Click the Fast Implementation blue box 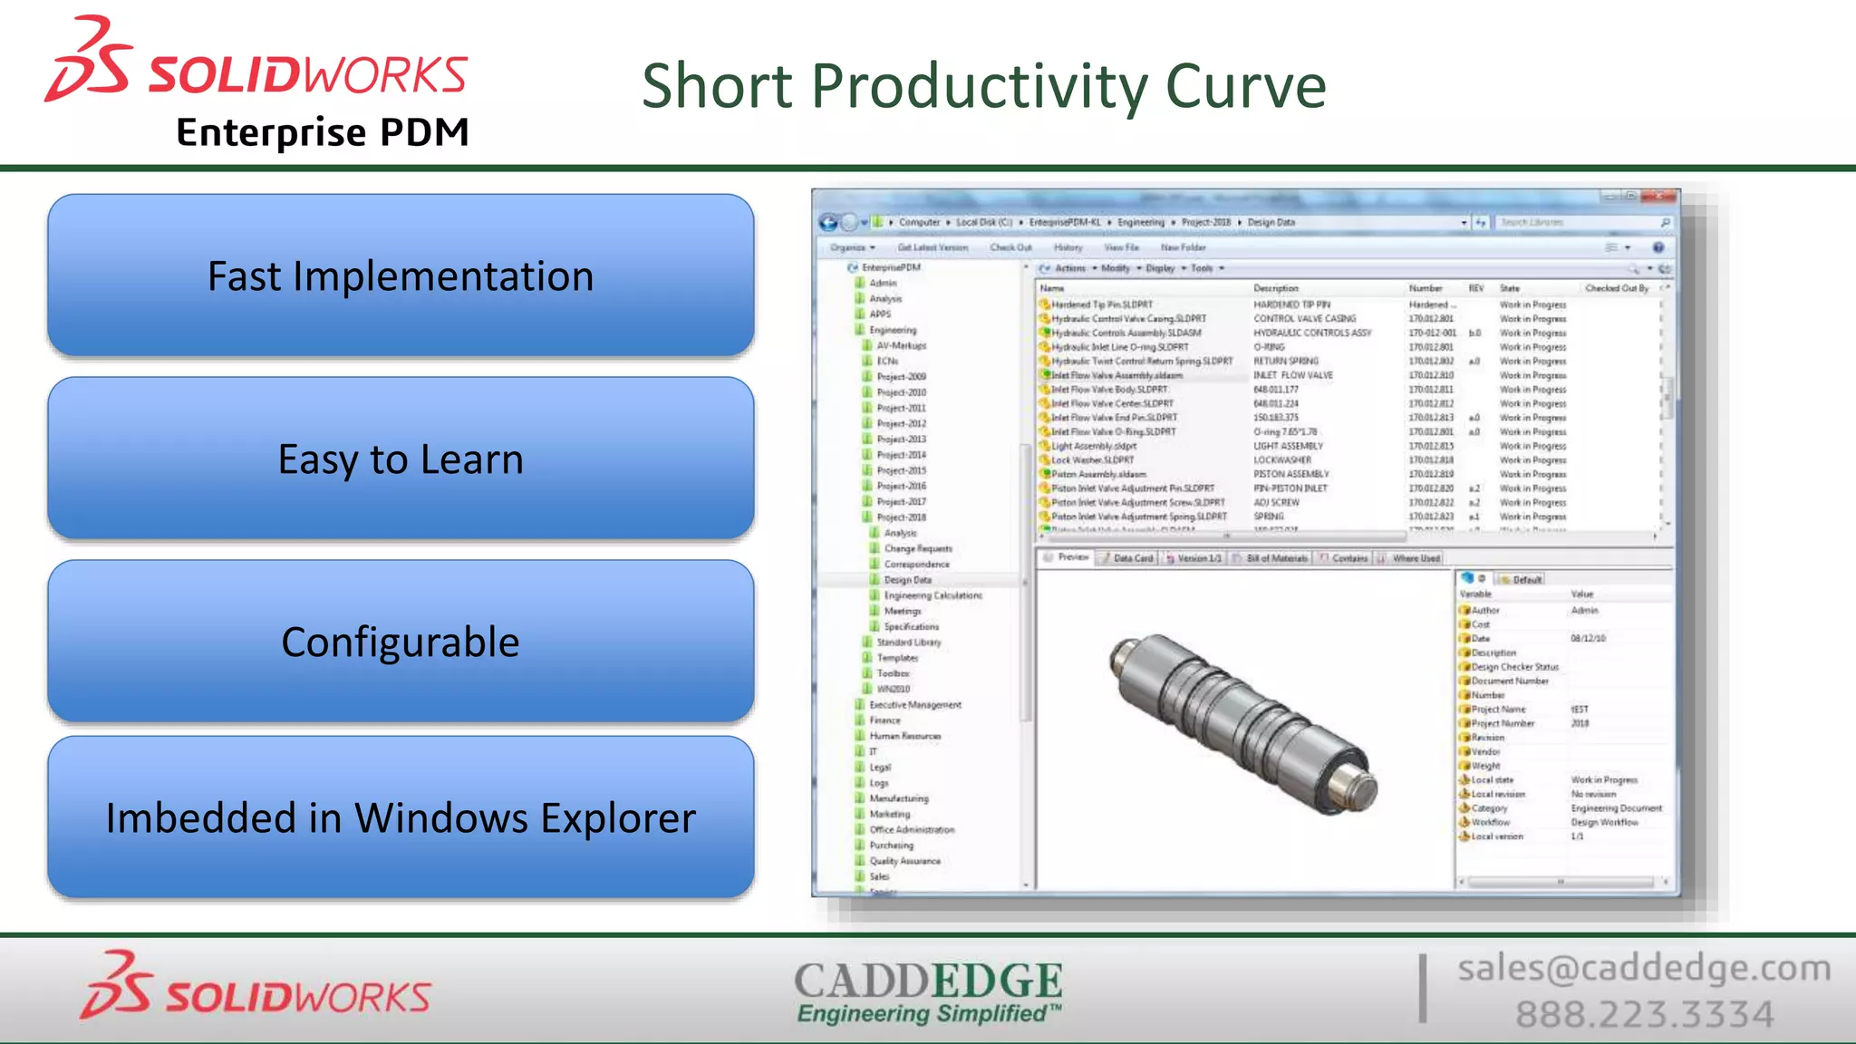401,275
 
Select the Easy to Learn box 401,459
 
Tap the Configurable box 401,642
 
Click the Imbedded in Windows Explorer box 401,817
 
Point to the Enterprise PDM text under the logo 323,132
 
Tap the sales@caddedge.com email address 1644,968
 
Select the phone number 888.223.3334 1644,1014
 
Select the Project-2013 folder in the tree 901,440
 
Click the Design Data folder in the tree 907,580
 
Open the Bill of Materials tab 1276,558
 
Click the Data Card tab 1132,558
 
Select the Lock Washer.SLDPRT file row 1092,460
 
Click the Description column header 1276,288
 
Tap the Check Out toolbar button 1010,247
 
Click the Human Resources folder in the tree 904,736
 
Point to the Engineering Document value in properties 1616,808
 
